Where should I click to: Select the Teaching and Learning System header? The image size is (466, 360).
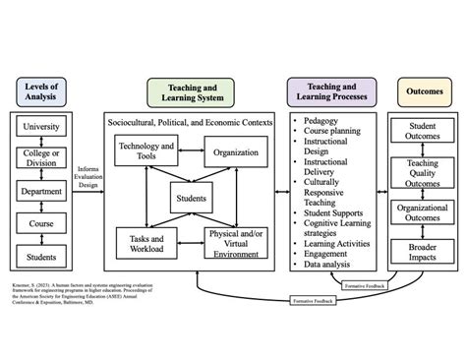192,92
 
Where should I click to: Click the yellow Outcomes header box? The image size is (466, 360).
425,91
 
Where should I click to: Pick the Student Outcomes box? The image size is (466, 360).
424,132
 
